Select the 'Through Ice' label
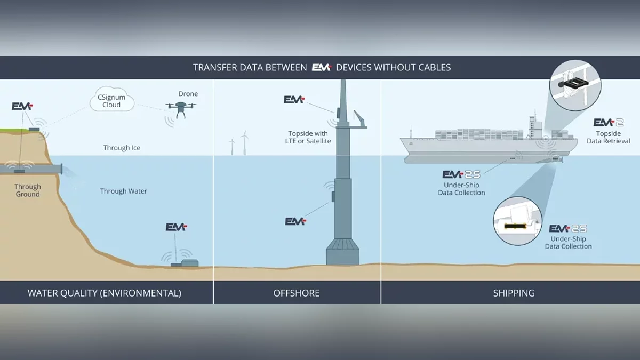(122, 148)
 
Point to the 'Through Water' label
(124, 191)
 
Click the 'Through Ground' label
(28, 190)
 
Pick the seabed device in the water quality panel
(184, 263)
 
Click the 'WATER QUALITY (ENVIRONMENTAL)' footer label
(105, 293)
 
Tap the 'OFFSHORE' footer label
(297, 293)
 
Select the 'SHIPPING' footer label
(514, 293)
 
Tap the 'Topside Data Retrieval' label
(609, 137)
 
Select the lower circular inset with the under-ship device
(517, 221)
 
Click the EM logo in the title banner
(322, 67)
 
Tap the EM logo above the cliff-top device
(22, 106)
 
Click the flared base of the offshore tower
(342, 252)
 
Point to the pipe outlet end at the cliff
(62, 169)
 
